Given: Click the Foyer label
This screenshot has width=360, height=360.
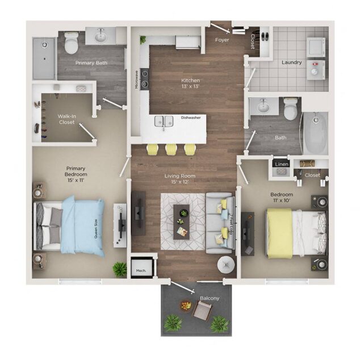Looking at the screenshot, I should click(221, 40).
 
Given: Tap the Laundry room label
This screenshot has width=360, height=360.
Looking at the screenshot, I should click(291, 62).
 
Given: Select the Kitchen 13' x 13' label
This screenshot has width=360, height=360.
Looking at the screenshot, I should click(190, 84).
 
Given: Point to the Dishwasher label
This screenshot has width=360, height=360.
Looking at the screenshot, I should click(190, 118).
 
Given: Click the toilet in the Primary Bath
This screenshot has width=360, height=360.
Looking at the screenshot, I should click(72, 43).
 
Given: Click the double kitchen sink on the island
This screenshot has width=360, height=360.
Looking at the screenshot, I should click(164, 121).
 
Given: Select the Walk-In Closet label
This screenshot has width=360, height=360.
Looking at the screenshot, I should click(66, 119).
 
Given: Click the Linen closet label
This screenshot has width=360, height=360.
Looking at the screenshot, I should click(282, 164).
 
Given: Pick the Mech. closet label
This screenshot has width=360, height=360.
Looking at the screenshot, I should click(141, 270).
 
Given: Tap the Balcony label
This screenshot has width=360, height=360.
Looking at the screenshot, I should click(209, 298).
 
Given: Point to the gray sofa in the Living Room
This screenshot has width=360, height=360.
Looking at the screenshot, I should click(219, 223).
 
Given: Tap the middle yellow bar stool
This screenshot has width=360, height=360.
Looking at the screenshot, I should click(171, 149).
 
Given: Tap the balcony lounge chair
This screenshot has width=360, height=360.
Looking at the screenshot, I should click(202, 309).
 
